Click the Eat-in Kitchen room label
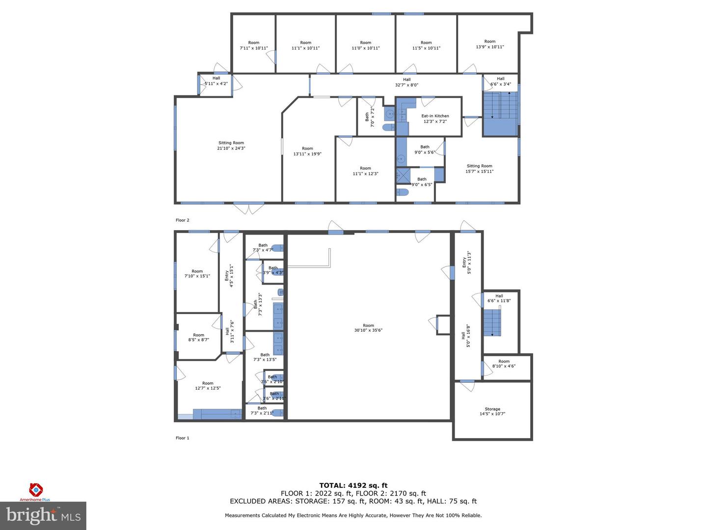[435, 119]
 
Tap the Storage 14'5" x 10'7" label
[492, 411]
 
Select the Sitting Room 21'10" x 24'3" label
[231, 145]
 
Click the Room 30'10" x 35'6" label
[368, 328]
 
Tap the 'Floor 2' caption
[182, 220]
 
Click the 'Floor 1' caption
[182, 438]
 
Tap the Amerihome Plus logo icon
[35, 489]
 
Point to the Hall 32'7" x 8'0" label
[407, 82]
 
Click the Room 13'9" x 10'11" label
[489, 44]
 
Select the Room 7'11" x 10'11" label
[253, 45]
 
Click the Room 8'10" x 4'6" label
[504, 364]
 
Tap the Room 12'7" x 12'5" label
[208, 386]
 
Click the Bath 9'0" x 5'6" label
[425, 149]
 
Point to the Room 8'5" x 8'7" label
[198, 337]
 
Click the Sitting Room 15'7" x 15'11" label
[479, 169]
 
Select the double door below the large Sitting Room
[248, 209]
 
